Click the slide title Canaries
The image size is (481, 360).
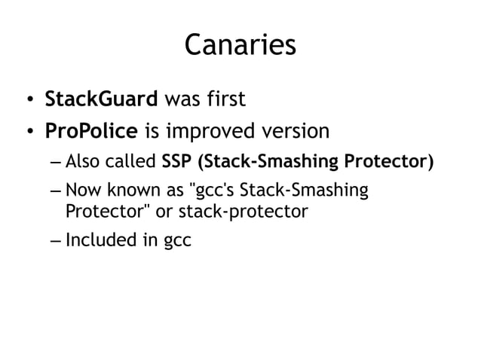pos(240,44)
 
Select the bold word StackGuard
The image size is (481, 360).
pos(102,99)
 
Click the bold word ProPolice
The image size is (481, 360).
pos(92,132)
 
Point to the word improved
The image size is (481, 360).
pos(208,133)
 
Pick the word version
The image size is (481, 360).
pos(296,132)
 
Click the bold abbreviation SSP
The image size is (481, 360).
pos(177,162)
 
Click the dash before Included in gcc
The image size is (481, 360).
pos(57,243)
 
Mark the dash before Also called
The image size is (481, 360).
pos(57,163)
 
